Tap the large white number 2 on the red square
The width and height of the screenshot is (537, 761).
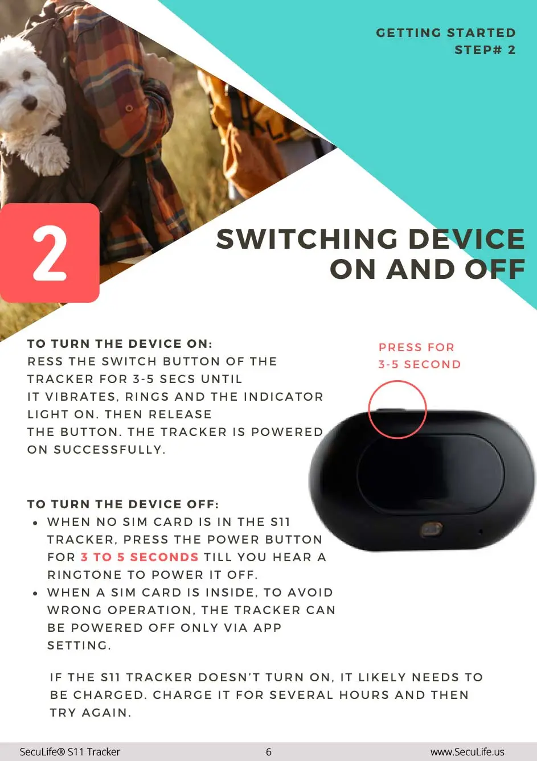(x=50, y=253)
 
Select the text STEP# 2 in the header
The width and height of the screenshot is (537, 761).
(x=485, y=50)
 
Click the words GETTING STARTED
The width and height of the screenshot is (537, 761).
(x=446, y=32)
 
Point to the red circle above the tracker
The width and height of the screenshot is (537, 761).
(x=397, y=381)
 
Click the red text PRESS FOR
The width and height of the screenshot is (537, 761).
(x=417, y=347)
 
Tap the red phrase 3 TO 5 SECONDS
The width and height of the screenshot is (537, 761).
(x=140, y=557)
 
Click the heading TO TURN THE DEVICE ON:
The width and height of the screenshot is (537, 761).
(x=120, y=343)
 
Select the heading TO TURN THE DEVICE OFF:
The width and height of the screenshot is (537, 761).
(x=123, y=504)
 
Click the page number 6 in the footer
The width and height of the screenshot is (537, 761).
(x=269, y=751)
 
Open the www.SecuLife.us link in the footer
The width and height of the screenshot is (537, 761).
(x=468, y=752)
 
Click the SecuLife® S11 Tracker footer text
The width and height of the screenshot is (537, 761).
(x=69, y=752)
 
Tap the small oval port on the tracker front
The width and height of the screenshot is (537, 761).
(x=432, y=530)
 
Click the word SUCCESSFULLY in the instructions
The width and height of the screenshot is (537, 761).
(x=109, y=450)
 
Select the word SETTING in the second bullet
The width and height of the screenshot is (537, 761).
(x=79, y=645)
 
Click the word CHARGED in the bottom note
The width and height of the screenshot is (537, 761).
(x=110, y=695)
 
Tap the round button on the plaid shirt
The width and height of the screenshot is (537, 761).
(x=129, y=109)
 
